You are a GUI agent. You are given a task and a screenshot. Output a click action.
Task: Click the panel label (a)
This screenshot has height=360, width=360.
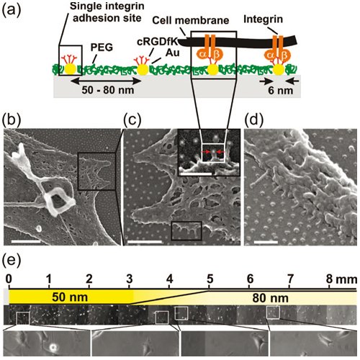click(x=12, y=11)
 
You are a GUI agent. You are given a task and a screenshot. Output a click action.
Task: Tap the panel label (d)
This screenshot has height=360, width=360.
click(x=253, y=120)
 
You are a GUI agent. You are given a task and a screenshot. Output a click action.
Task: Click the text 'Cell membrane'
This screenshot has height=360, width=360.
click(x=191, y=20)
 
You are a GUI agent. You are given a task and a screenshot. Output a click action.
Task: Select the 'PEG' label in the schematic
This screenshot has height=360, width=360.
click(x=102, y=48)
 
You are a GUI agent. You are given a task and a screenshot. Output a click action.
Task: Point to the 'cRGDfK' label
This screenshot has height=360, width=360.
click(x=157, y=42)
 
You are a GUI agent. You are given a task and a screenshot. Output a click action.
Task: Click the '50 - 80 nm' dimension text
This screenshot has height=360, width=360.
click(x=108, y=90)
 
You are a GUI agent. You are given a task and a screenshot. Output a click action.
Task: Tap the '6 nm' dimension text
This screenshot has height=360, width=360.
click(x=281, y=91)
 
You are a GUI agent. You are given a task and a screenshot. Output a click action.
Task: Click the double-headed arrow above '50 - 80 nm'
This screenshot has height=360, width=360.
click(x=107, y=81)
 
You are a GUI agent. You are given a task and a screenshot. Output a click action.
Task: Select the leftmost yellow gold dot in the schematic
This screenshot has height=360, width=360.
click(x=71, y=69)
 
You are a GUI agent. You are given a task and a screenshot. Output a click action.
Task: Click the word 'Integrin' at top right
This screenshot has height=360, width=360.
click(x=263, y=19)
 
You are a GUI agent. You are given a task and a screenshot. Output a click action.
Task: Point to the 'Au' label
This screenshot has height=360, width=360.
click(x=173, y=53)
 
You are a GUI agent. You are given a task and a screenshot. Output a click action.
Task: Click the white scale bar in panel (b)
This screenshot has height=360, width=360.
click(x=26, y=241)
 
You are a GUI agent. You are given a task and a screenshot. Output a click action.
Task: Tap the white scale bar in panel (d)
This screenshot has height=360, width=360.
click(x=266, y=242)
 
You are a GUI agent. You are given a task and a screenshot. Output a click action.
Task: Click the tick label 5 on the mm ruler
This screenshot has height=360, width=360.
click(x=210, y=279)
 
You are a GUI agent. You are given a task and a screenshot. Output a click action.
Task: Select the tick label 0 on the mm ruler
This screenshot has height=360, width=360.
click(x=9, y=279)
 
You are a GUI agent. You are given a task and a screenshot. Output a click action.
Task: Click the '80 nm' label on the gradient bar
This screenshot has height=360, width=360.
click(x=270, y=298)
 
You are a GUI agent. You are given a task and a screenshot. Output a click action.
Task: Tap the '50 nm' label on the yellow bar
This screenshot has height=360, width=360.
click(x=70, y=297)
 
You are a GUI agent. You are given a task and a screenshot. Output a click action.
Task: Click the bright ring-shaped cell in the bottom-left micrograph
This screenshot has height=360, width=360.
click(x=53, y=346)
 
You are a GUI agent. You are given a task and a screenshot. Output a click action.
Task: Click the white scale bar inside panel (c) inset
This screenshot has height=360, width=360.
click(x=196, y=173)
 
